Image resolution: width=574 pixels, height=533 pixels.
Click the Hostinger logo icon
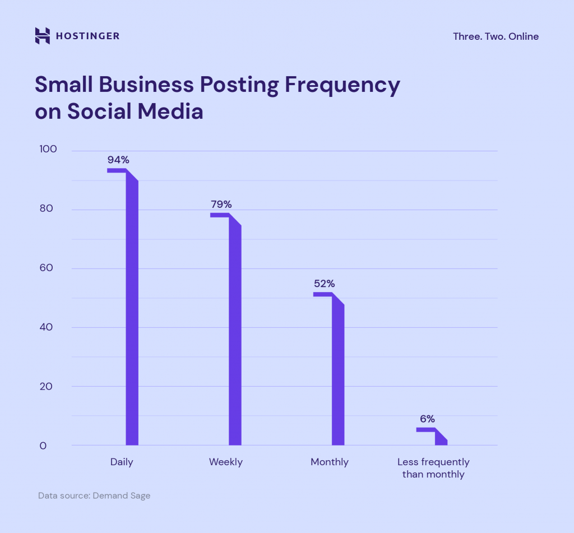43,36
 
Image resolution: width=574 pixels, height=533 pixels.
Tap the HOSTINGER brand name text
87,36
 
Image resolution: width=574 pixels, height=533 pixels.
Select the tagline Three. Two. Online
496,36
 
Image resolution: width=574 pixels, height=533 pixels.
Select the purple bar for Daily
132,308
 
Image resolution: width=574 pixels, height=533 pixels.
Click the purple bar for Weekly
235,331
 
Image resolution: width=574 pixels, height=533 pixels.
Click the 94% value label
118,160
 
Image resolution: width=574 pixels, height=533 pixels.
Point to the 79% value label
220,204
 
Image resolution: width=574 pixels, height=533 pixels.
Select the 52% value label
324,284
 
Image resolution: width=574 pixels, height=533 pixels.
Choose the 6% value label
427,419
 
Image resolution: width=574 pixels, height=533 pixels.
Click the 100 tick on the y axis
48,149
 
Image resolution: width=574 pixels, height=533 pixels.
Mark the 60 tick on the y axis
48,268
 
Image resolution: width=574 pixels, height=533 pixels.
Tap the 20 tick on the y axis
48,387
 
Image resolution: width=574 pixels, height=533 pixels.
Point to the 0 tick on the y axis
43,446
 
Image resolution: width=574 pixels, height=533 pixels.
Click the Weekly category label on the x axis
226,462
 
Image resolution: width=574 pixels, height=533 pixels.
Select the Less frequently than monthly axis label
433,468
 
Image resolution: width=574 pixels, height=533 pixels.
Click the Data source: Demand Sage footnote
94,495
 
